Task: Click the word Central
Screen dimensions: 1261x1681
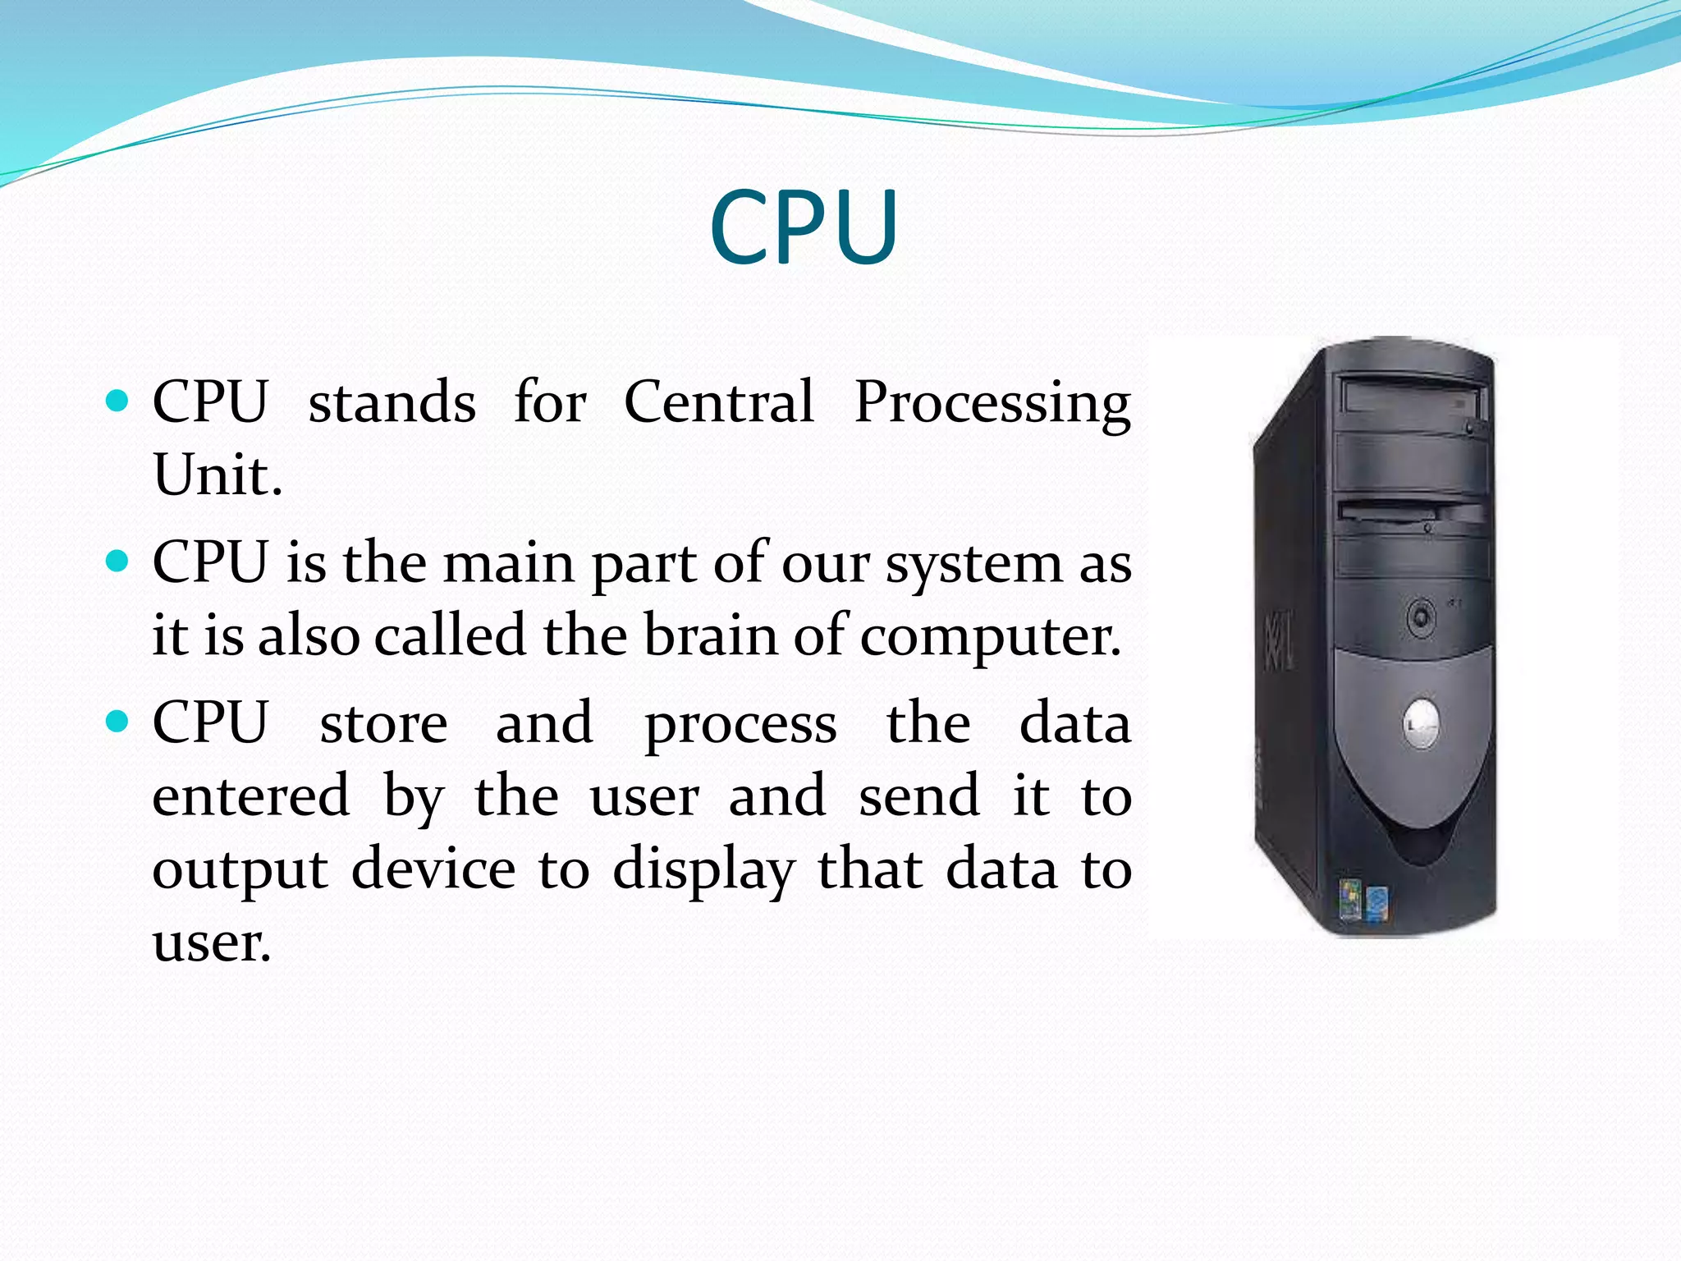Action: coord(719,402)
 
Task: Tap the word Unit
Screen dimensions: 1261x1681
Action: coord(218,475)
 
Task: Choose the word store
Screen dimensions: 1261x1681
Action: coord(383,723)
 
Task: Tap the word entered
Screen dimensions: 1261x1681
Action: coord(251,796)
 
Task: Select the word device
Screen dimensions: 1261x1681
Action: coord(433,868)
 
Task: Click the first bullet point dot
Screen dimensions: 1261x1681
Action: coord(118,401)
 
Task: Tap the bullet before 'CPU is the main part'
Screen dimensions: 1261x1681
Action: coord(118,562)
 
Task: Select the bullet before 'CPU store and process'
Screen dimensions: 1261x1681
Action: coord(118,722)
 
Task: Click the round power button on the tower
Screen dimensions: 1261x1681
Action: coord(1422,616)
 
